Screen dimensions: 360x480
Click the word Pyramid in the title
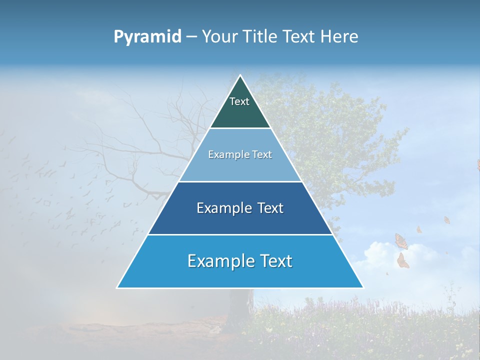click(147, 37)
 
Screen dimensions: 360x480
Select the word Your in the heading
click(219, 37)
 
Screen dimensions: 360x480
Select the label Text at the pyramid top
click(239, 101)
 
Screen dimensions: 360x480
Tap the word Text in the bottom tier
click(276, 261)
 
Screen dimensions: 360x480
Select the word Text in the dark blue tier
click(270, 208)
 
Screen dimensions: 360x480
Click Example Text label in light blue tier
click(240, 154)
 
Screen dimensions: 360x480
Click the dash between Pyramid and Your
click(191, 37)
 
